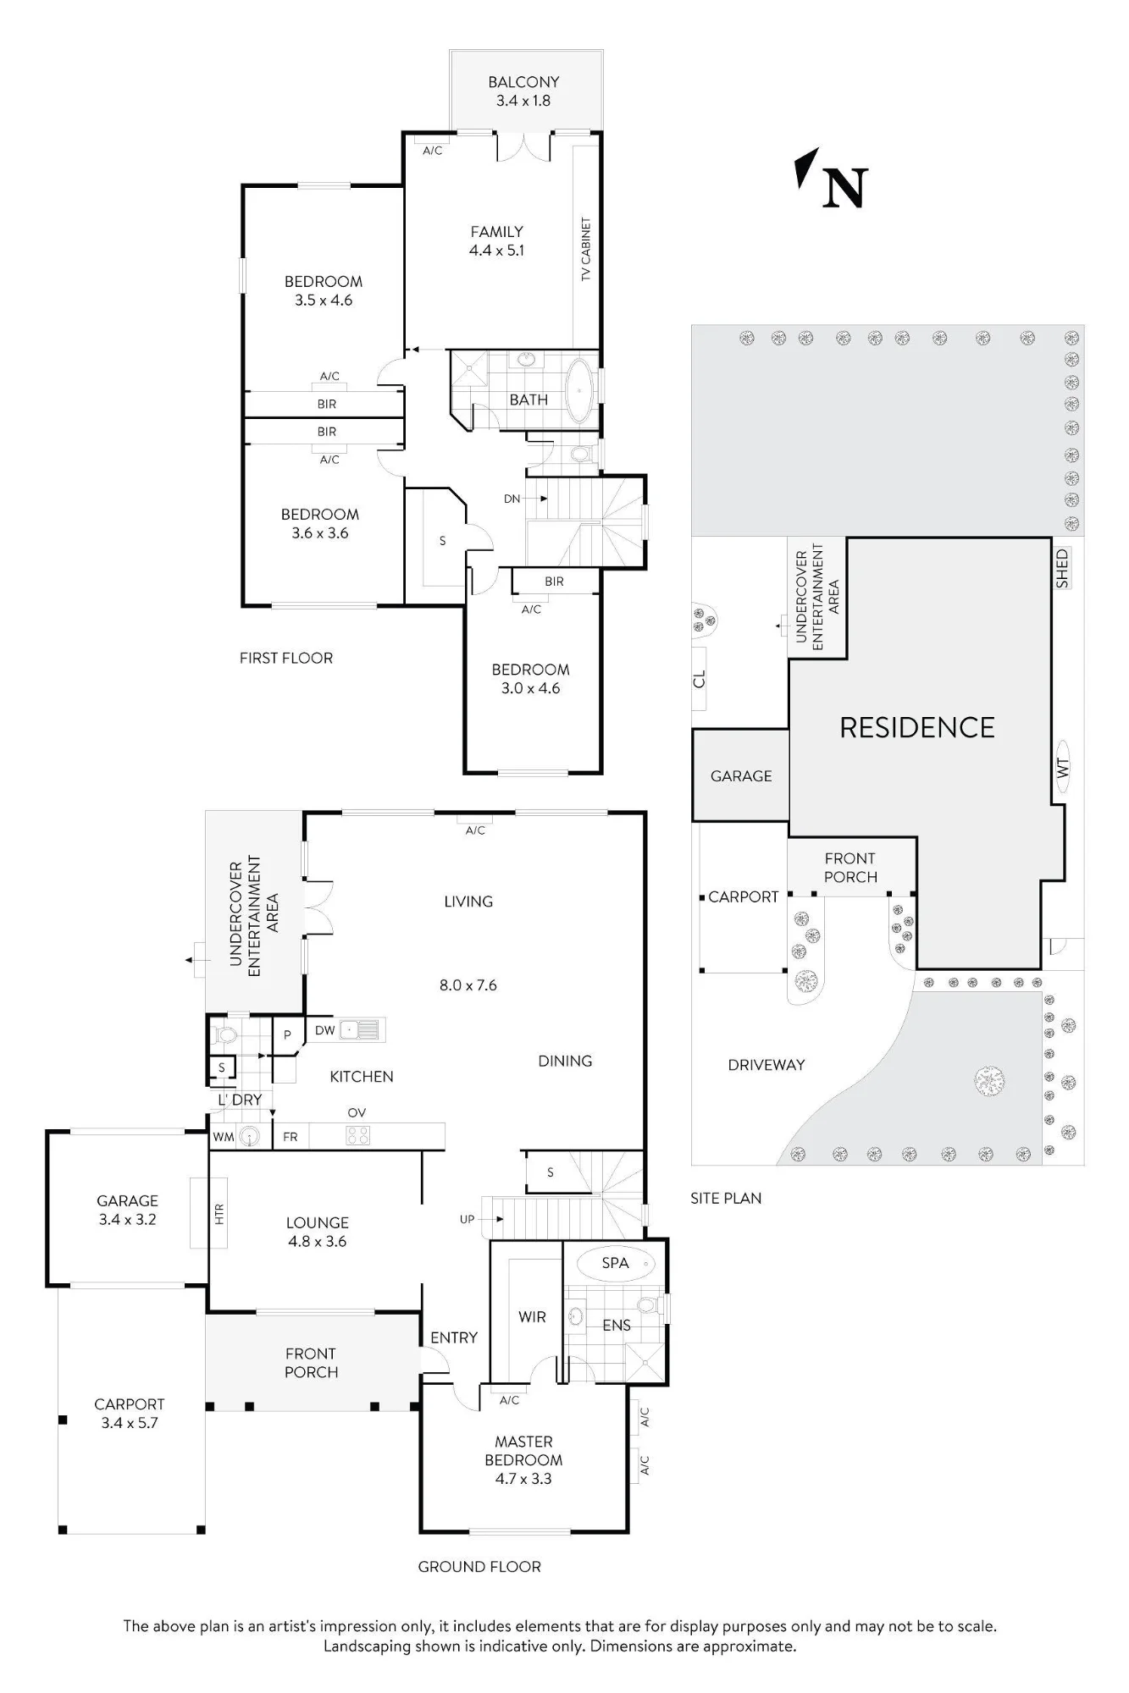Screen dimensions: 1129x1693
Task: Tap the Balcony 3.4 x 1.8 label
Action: (523, 91)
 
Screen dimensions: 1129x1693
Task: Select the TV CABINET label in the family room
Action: (586, 250)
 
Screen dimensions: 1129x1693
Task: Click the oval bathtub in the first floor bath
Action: (580, 392)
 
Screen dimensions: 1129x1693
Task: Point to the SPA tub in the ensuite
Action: (616, 1264)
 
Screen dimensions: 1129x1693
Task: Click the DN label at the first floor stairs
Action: (512, 499)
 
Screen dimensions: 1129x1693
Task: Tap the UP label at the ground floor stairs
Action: (467, 1220)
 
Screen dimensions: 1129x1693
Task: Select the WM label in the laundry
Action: (223, 1137)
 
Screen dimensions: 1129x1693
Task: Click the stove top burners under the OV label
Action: (357, 1136)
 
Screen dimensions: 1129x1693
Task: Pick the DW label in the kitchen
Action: (325, 1030)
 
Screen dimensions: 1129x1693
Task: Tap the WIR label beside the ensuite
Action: (532, 1316)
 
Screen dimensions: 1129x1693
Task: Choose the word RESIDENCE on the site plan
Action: (917, 728)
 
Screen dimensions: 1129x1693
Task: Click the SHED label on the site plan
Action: (1062, 569)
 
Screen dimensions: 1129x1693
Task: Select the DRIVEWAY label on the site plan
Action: (767, 1065)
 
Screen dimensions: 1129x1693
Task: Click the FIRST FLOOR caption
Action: (286, 658)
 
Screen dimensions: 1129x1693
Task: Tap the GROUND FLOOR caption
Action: (479, 1567)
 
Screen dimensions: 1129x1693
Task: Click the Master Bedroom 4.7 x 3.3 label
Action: (523, 1460)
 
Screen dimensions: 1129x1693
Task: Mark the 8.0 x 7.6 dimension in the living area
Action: (468, 985)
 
